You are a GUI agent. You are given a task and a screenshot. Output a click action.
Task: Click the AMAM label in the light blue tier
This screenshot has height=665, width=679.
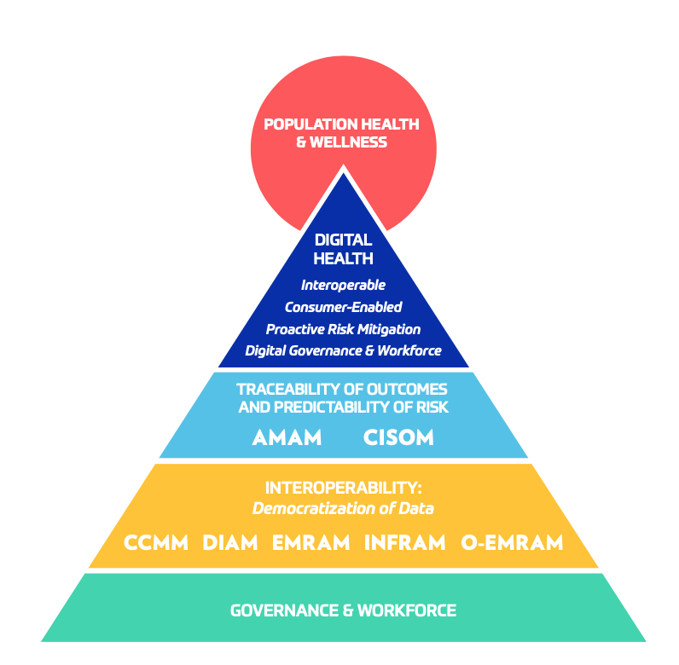point(287,438)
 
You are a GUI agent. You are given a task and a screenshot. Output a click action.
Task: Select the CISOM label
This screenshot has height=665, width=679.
point(398,438)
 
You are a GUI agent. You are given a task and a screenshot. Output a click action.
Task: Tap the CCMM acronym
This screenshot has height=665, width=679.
point(155,542)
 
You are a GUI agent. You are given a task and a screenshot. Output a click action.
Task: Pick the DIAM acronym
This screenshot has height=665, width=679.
point(230,542)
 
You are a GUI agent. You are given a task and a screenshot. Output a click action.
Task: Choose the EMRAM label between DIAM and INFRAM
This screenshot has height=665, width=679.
point(310,542)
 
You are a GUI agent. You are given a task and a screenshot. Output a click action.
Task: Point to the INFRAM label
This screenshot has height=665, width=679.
point(404,542)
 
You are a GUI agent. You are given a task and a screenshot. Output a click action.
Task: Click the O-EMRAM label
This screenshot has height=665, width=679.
point(512,542)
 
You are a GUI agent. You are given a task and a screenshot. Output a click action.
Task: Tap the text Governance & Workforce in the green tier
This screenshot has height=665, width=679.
point(343,610)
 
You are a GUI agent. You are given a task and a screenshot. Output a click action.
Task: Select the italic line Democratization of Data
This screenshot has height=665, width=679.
point(343,509)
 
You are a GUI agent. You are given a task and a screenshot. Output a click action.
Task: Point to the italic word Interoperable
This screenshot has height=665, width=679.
point(343,285)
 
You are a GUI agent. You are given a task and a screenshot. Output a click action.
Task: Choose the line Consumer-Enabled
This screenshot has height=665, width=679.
point(343,307)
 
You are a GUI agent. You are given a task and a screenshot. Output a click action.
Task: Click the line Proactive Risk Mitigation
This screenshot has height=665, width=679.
point(343,329)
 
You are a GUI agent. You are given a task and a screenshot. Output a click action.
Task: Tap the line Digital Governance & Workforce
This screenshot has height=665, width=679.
point(343,350)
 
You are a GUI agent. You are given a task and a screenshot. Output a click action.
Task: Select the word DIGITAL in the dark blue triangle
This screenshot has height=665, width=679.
point(343,240)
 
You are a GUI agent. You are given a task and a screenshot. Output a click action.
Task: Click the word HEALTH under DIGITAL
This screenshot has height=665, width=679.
point(343,258)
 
